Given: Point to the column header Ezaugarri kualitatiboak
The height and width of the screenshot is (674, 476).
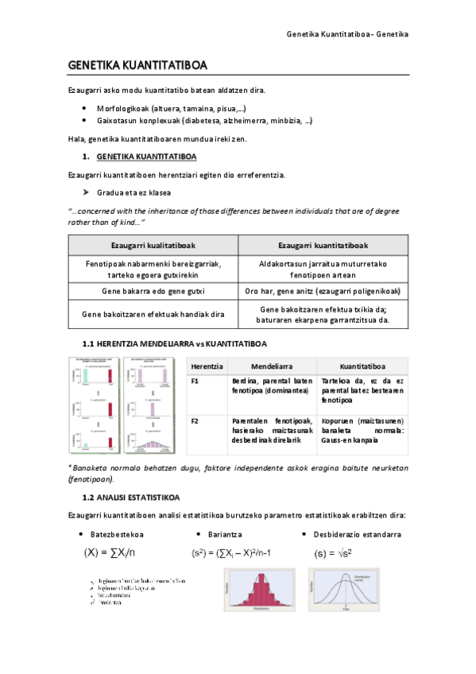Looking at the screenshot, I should [x=153, y=245].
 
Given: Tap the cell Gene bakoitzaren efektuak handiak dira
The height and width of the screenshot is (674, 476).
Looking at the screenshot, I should [x=153, y=315].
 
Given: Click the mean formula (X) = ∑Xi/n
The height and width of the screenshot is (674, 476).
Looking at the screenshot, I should [x=110, y=552].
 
